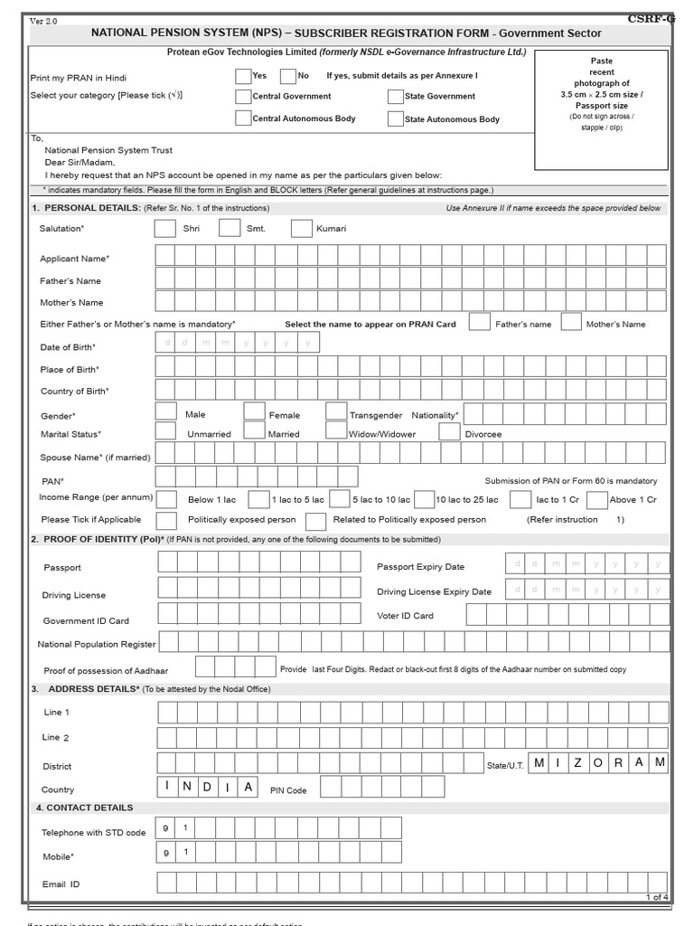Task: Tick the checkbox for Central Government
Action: click(x=243, y=96)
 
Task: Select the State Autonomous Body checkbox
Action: click(x=395, y=118)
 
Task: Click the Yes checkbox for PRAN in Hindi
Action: click(x=243, y=76)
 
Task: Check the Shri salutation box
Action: click(x=165, y=228)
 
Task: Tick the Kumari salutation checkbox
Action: click(x=301, y=228)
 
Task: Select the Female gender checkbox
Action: click(x=255, y=412)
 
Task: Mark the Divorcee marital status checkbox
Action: click(x=449, y=432)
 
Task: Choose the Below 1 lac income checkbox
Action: click(x=166, y=498)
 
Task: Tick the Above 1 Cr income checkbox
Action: click(x=596, y=499)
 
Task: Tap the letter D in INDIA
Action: click(x=207, y=786)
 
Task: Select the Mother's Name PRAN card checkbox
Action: click(x=571, y=322)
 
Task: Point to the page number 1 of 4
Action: click(x=656, y=897)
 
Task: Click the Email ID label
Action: click(x=61, y=884)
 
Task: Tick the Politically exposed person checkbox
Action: click(x=166, y=520)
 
